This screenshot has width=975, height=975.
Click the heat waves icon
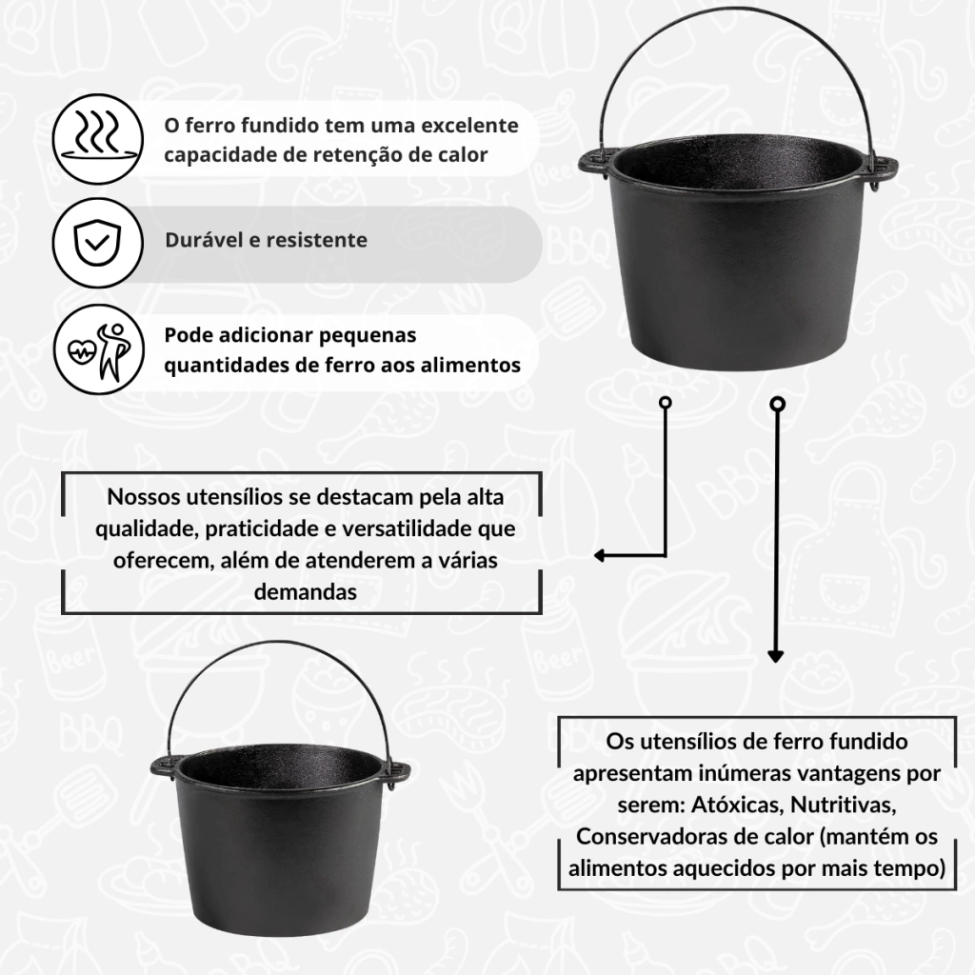pos(98,139)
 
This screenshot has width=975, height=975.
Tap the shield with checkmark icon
pos(98,243)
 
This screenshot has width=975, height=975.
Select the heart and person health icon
pos(98,350)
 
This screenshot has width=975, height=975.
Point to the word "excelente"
pos(469,126)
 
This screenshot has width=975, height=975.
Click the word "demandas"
pos(306,592)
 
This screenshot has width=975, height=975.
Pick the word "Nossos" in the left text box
pos(144,497)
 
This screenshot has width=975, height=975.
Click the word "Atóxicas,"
pos(738,806)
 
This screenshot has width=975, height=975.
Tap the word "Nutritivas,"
pos(844,806)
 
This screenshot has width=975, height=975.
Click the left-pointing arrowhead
pos(600,555)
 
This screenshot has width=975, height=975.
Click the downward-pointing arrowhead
pos(775,656)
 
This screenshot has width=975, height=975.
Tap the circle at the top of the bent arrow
pos(666,403)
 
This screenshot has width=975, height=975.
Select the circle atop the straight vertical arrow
pos(777,405)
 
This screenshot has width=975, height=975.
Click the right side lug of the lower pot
pos(398,775)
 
